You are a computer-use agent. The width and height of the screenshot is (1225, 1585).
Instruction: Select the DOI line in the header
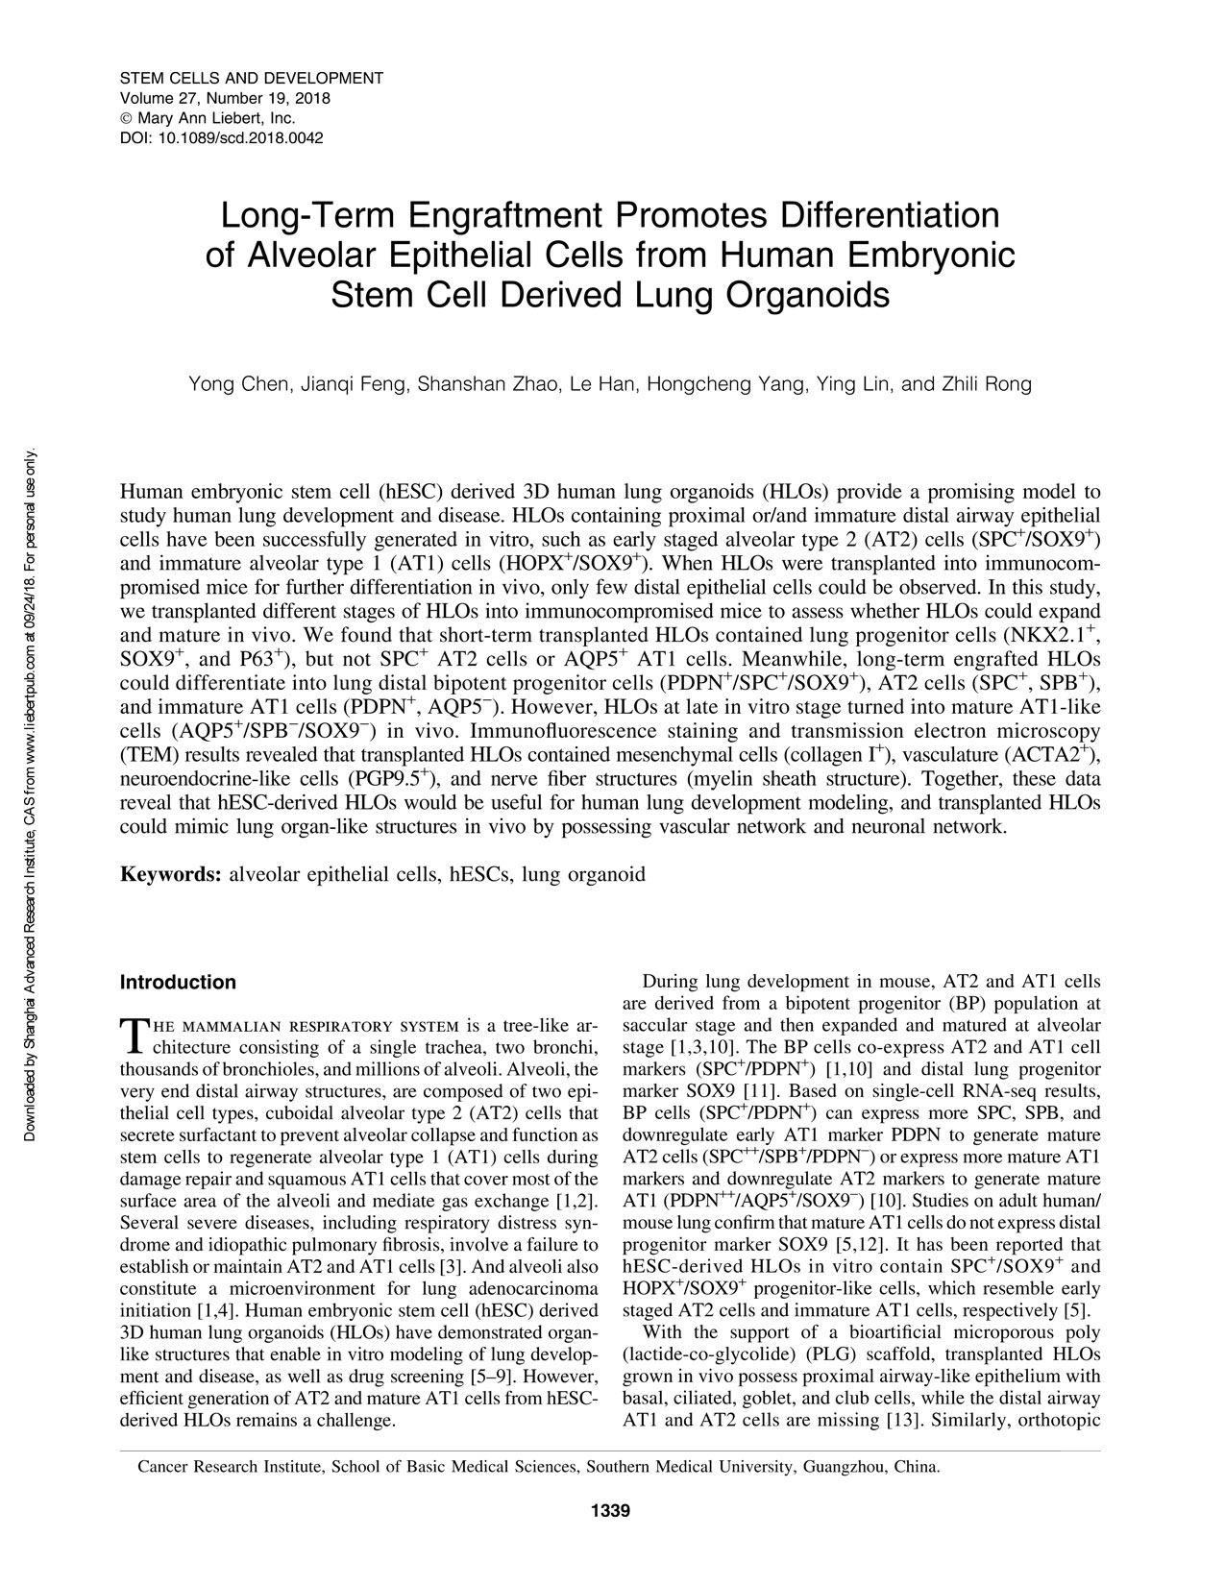[221, 137]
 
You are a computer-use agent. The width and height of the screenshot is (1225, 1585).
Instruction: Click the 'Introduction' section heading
[177, 983]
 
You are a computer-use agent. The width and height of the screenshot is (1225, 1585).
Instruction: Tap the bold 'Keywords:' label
[171, 874]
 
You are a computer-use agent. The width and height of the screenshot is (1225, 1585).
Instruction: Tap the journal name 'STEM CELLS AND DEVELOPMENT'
[251, 77]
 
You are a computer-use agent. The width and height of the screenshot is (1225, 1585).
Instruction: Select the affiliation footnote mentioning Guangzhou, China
[539, 1467]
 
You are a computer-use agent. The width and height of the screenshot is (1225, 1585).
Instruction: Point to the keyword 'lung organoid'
[583, 874]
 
